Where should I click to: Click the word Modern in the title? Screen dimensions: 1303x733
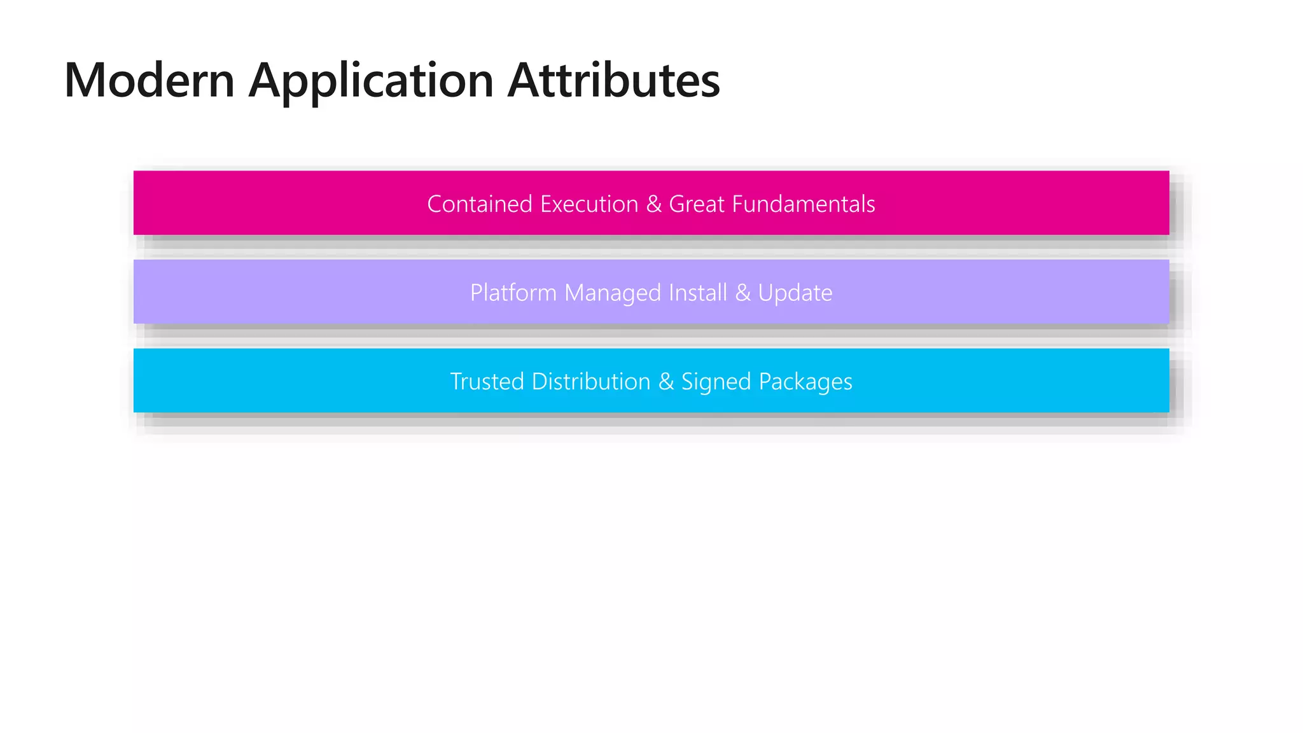150,81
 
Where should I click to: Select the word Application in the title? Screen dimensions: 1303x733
371,81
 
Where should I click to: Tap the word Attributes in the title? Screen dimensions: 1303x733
613,81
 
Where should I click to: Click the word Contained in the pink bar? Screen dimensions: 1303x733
480,204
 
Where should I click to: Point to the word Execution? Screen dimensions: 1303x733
589,204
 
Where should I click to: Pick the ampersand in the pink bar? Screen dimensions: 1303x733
653,204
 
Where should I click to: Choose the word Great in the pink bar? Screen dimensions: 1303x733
697,204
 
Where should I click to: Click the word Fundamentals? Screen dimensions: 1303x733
804,204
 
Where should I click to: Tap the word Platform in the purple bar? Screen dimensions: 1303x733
513,293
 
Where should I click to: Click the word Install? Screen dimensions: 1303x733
697,293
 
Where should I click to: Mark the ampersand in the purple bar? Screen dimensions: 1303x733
742,293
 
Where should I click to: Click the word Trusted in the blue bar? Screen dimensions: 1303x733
487,382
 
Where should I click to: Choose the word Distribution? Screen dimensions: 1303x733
591,382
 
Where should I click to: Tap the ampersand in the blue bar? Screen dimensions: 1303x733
666,382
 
